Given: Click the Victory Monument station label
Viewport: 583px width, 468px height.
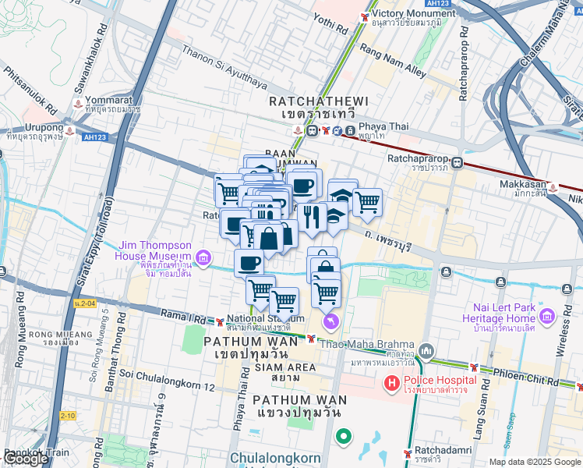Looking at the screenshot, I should tap(407, 14).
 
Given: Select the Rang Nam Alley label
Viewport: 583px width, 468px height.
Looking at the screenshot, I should tap(392, 61).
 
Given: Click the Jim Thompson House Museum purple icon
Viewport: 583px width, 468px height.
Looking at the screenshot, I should tap(203, 256).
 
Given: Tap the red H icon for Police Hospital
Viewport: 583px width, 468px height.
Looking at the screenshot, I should tap(392, 384).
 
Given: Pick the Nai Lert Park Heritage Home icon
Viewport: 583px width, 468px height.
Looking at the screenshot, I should tap(546, 316).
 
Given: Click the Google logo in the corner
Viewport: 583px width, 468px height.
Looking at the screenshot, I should tap(26, 459).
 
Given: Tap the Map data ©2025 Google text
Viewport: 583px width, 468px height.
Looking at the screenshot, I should tap(534, 462).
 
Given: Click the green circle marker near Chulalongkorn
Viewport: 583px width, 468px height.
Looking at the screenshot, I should tap(341, 437).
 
